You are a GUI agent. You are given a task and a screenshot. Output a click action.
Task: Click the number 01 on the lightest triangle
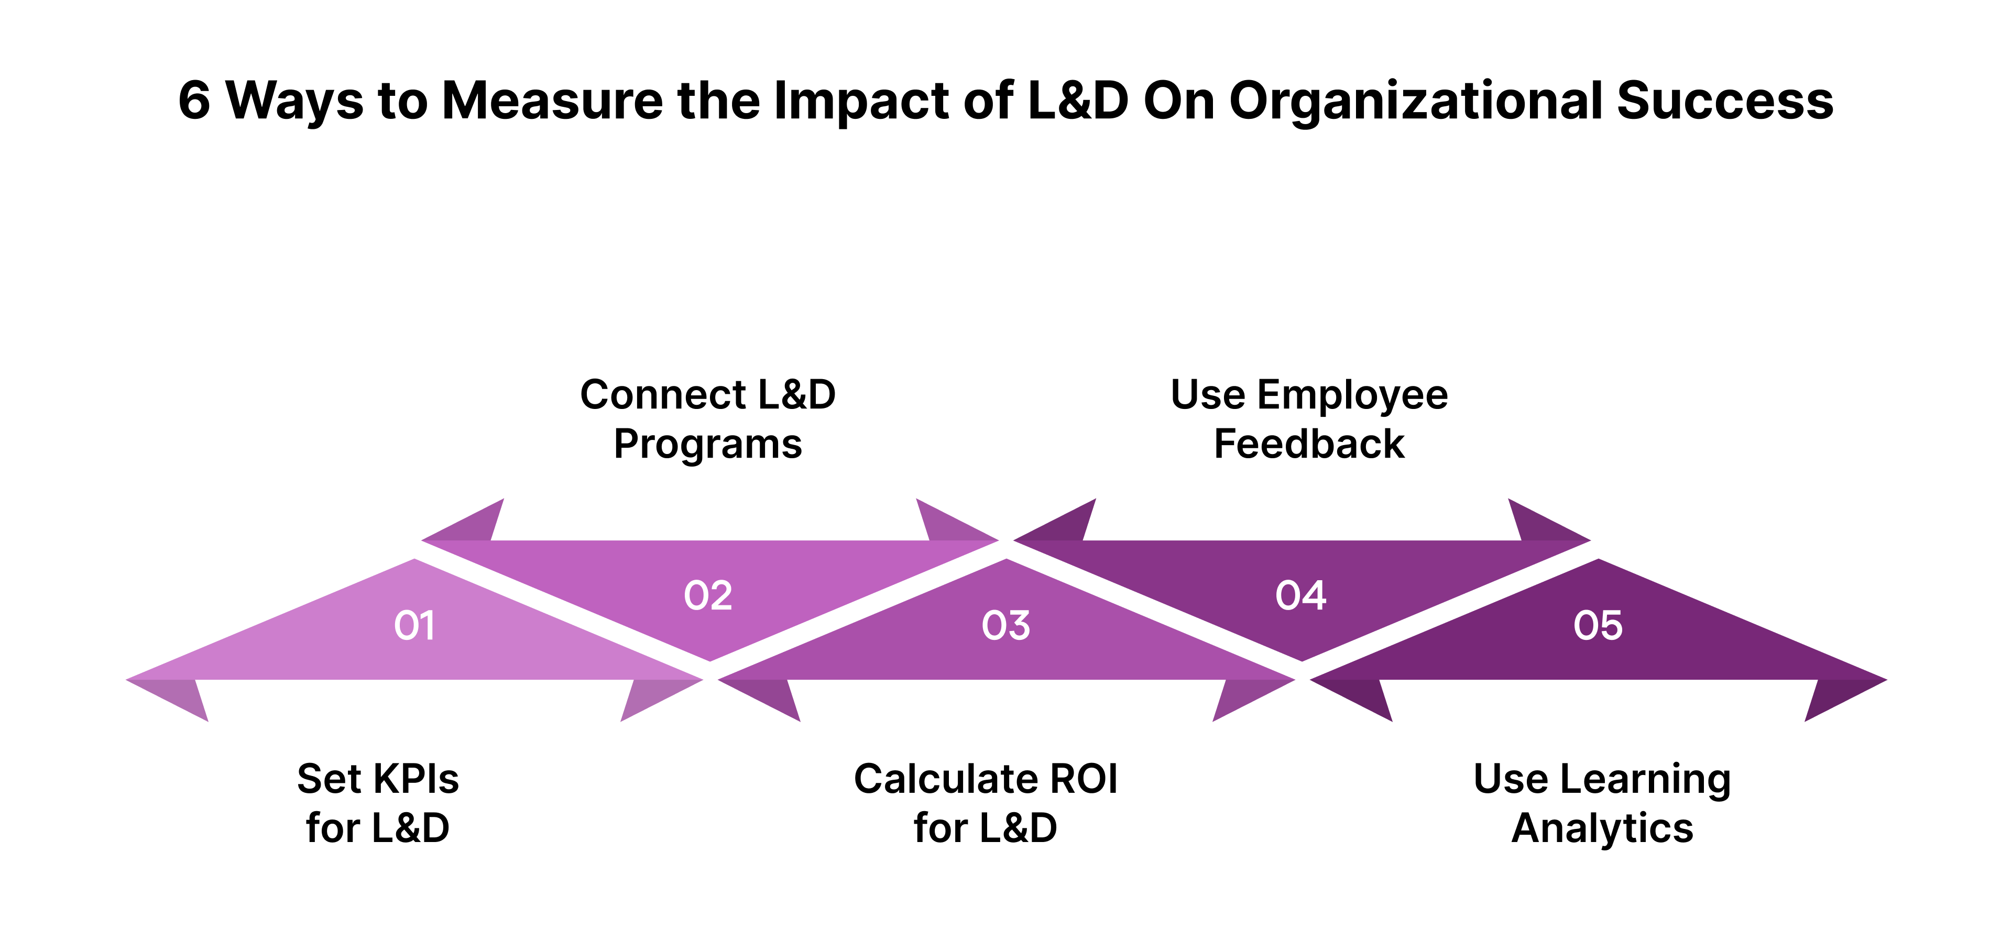point(414,625)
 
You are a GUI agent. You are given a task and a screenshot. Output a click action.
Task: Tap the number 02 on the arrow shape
point(708,596)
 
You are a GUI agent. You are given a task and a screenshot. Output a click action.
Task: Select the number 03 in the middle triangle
point(1006,625)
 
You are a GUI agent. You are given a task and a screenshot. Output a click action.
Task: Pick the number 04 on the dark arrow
point(1300,596)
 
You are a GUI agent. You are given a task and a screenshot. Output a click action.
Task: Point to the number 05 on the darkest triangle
point(1598,625)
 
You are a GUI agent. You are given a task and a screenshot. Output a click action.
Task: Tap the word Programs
point(708,444)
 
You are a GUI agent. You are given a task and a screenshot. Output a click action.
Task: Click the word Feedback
point(1309,444)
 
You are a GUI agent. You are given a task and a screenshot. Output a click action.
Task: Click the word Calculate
point(944,779)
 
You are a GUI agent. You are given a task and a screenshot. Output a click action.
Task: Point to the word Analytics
point(1602,828)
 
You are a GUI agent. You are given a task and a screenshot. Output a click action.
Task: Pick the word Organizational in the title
point(1415,102)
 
